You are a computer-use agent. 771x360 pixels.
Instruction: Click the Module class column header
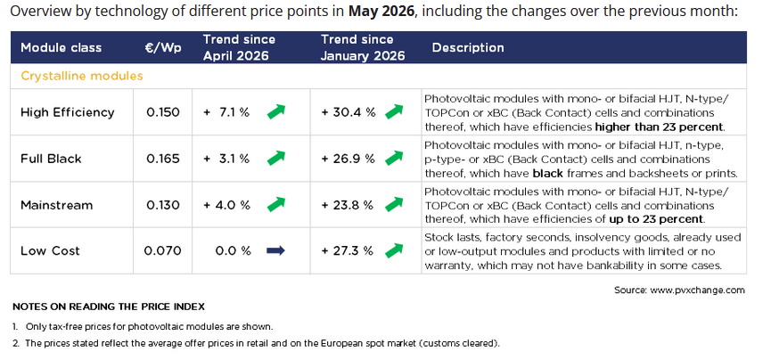61,48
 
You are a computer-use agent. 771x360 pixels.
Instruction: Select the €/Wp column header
163,48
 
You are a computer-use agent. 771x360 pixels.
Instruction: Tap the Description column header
468,48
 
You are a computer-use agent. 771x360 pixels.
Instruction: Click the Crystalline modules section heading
82,77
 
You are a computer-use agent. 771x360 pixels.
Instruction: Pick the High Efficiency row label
68,112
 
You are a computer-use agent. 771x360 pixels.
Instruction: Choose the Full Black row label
51,159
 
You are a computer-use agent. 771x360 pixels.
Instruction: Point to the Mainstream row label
56,205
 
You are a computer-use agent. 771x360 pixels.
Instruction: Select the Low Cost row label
50,250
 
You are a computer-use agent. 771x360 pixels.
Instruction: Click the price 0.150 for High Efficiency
163,112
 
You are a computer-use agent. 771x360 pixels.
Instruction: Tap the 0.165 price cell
163,159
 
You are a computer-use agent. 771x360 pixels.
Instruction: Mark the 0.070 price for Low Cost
163,250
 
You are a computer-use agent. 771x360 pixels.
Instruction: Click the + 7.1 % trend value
226,112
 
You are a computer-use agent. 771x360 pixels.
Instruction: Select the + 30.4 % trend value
349,112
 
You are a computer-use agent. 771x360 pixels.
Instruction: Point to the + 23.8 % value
348,205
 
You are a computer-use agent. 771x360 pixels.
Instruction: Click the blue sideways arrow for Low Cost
275,250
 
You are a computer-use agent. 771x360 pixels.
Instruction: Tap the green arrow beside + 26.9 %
394,158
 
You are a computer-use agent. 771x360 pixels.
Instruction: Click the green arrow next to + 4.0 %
275,204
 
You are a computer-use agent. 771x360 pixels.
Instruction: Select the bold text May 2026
381,12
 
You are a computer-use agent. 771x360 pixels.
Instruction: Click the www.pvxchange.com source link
697,290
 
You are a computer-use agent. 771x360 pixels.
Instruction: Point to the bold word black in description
548,173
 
